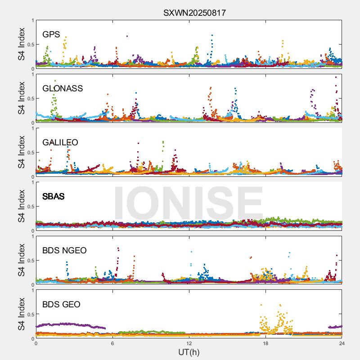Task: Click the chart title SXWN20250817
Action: pos(194,13)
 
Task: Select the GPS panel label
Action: pos(51,35)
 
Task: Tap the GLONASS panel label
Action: pos(63,89)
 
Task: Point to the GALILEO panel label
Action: pos(60,143)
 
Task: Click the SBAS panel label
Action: pos(54,197)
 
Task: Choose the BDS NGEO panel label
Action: pos(64,251)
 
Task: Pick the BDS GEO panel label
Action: pos(61,305)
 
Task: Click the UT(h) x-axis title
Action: pos(189,351)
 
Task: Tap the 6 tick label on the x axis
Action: pos(112,343)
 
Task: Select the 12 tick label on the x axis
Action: pos(189,343)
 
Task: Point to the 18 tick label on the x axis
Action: pos(265,343)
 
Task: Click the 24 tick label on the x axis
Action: pos(342,343)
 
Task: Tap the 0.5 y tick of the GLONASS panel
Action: pos(29,99)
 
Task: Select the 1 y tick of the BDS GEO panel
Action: pos(32,290)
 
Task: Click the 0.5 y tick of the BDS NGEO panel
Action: pos(29,261)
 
